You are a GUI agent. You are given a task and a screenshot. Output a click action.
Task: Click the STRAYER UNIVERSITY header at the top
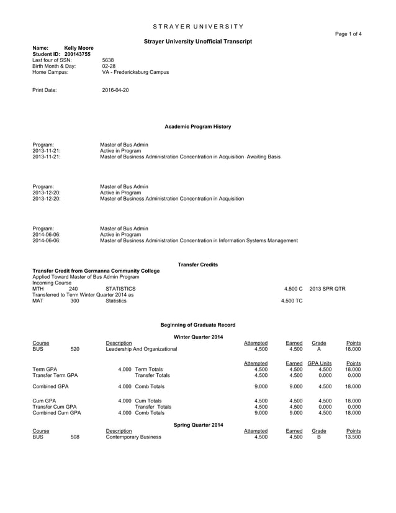[197, 26]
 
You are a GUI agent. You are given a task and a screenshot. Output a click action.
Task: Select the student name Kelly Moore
[79, 48]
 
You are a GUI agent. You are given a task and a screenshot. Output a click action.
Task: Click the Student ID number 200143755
[78, 54]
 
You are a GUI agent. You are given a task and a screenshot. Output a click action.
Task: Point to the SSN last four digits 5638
[107, 60]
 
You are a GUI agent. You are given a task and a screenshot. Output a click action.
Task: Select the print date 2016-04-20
[115, 91]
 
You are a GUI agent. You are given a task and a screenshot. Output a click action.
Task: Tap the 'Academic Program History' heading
[197, 127]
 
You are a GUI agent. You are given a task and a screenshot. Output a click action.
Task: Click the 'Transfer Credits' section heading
[197, 265]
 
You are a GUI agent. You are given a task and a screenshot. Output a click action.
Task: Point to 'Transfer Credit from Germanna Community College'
[96, 271]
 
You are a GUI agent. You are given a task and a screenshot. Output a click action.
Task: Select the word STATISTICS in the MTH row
[120, 289]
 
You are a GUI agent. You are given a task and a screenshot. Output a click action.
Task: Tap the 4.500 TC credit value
[292, 301]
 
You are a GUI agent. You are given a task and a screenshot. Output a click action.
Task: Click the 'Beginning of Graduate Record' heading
[197, 325]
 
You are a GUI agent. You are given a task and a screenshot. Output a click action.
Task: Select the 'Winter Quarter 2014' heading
[197, 337]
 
